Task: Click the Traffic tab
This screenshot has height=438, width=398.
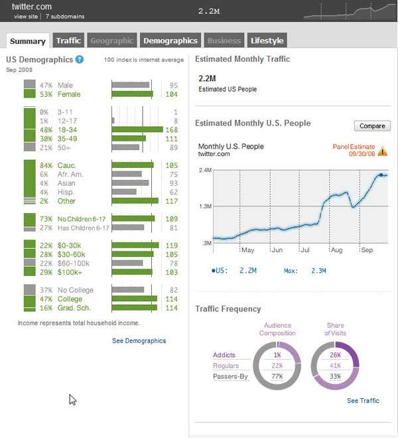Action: (68, 40)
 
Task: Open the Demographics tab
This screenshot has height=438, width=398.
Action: (170, 40)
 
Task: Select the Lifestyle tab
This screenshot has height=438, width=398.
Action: (267, 40)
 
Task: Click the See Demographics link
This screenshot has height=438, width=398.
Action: (139, 340)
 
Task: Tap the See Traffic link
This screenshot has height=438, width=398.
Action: (363, 401)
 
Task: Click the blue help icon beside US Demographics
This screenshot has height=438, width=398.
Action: (80, 60)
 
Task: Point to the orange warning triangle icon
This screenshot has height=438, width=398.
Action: (383, 151)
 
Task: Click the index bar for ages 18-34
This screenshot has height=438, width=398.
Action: (137, 130)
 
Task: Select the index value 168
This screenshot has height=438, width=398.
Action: (171, 130)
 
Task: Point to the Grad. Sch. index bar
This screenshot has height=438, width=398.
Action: (135, 308)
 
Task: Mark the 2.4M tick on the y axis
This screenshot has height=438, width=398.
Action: (204, 170)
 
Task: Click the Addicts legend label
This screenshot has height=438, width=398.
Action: (224, 355)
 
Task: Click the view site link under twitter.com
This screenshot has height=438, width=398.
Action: (25, 15)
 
